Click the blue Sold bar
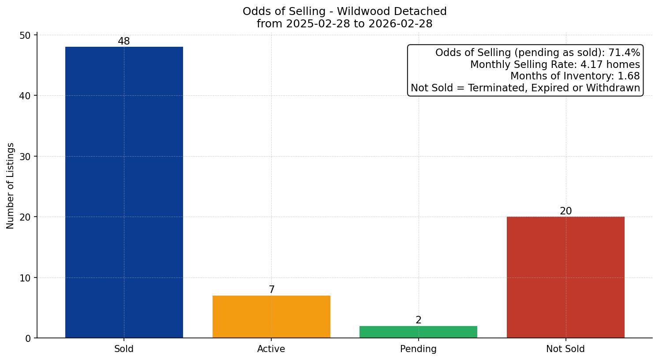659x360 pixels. [124, 192]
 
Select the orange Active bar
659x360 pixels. [271, 317]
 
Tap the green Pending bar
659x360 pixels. [418, 332]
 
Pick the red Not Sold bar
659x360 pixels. [565, 277]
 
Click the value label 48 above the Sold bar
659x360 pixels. [124, 41]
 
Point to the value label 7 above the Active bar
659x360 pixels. [272, 290]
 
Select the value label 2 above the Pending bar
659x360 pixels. [419, 320]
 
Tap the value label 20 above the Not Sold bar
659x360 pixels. [565, 211]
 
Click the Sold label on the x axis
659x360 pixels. [124, 349]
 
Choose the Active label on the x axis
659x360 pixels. [271, 349]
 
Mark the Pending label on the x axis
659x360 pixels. [418, 349]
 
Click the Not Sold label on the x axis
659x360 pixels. [565, 349]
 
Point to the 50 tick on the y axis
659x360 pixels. [25, 35]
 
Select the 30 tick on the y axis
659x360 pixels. [25, 157]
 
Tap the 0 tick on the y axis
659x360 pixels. [28, 338]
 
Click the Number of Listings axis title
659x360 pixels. [11, 185]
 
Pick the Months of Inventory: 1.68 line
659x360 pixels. [575, 76]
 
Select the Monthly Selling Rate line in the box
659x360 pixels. [555, 64]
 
